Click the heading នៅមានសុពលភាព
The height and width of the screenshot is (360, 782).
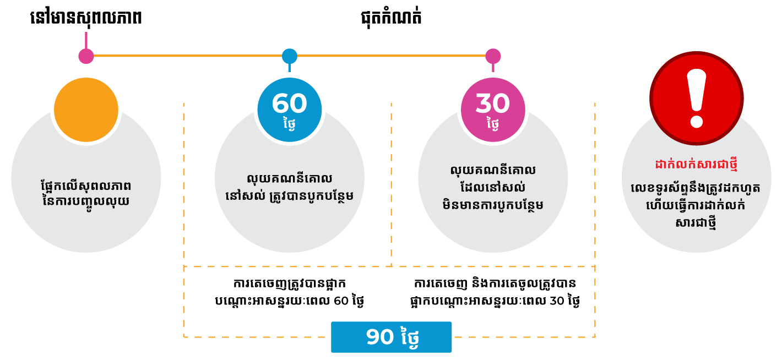point(86,18)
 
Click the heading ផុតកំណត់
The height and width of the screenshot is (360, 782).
point(391,18)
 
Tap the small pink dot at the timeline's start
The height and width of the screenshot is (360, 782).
point(86,56)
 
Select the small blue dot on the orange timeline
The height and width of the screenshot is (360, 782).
point(290,56)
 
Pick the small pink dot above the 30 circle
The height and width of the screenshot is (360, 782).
point(493,56)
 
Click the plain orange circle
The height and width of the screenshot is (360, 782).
point(86,110)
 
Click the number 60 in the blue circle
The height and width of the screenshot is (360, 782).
point(290,103)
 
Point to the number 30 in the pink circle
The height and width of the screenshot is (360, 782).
point(492,103)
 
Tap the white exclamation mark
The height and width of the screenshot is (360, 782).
point(697,99)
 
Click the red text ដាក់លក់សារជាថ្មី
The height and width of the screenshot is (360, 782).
point(697,165)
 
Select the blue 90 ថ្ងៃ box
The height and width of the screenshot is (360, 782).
point(391,337)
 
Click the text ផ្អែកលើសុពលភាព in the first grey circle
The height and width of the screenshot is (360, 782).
point(86,186)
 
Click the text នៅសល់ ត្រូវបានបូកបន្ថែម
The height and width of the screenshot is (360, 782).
point(290,196)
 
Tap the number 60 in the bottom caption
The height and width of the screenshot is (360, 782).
point(341,301)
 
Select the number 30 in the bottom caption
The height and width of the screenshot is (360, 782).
point(557,301)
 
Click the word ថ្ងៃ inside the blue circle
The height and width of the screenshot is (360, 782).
point(290,124)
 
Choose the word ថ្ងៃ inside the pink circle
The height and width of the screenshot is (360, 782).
point(492,124)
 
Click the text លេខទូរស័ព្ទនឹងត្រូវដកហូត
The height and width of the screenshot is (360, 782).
point(696,188)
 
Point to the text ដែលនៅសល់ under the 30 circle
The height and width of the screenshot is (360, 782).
point(492,188)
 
